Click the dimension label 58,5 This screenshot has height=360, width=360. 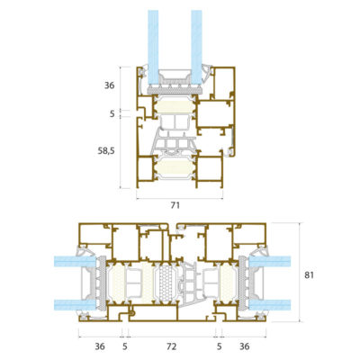[106, 151]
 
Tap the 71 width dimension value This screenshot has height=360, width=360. [175, 205]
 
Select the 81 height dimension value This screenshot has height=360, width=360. [309, 274]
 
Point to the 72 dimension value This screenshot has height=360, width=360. [172, 346]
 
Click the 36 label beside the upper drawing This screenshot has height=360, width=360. [109, 85]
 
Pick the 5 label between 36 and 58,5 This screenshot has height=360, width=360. [112, 114]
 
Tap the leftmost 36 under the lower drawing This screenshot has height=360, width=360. [100, 346]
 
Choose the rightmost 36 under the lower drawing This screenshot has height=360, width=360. [245, 346]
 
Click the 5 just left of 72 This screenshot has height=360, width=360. [125, 346]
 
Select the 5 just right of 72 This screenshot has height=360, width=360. [220, 346]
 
